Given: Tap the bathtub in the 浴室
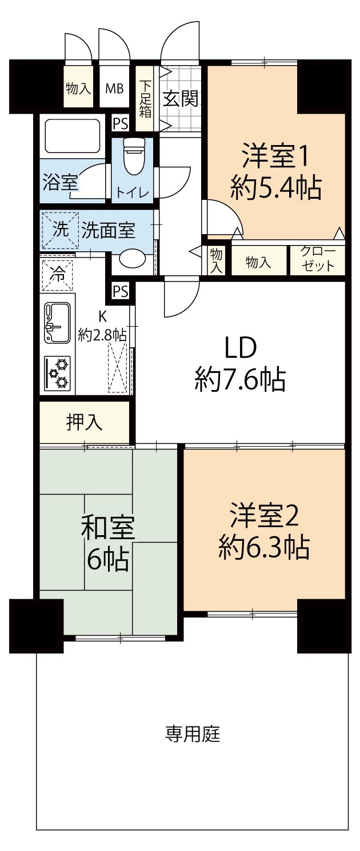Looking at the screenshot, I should pos(72,136).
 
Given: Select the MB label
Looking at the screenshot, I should pos(114,89).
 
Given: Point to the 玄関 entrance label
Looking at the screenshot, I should pos(181,99).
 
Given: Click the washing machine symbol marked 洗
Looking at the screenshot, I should pos(59,231).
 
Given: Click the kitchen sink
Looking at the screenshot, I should pos(57,323).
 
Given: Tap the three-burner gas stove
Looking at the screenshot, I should pos(58,372).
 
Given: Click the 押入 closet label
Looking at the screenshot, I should pos(85,422).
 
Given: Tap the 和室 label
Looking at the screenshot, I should pos(107,528).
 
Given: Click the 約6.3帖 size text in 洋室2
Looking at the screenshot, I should pos(263,547).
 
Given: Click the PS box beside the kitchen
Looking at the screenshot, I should pos(120,291).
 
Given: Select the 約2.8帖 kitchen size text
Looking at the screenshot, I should pos(103,335).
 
